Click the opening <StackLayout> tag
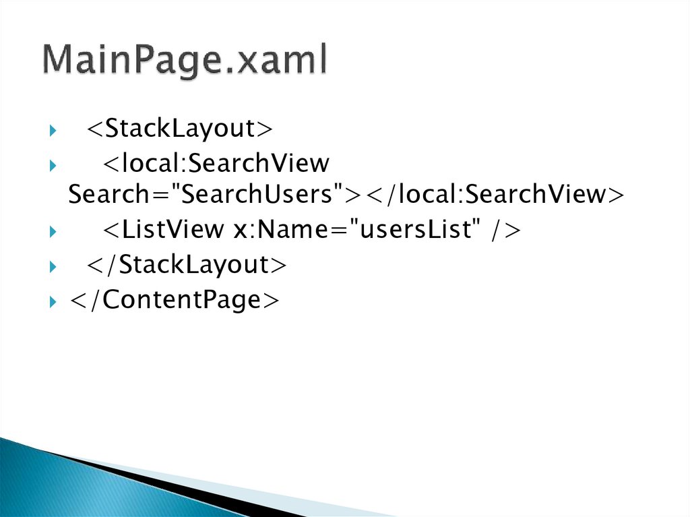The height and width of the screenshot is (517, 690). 179,128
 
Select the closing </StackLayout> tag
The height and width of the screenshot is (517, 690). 186,265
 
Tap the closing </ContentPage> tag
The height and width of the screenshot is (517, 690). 173,299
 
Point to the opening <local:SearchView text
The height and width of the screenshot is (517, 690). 216,163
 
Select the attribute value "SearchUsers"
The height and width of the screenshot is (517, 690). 259,195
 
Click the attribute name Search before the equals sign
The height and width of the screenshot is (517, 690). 112,195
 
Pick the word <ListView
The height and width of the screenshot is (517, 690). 162,231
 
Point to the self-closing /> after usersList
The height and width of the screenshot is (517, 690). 505,231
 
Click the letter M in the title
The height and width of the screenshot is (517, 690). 61,61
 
